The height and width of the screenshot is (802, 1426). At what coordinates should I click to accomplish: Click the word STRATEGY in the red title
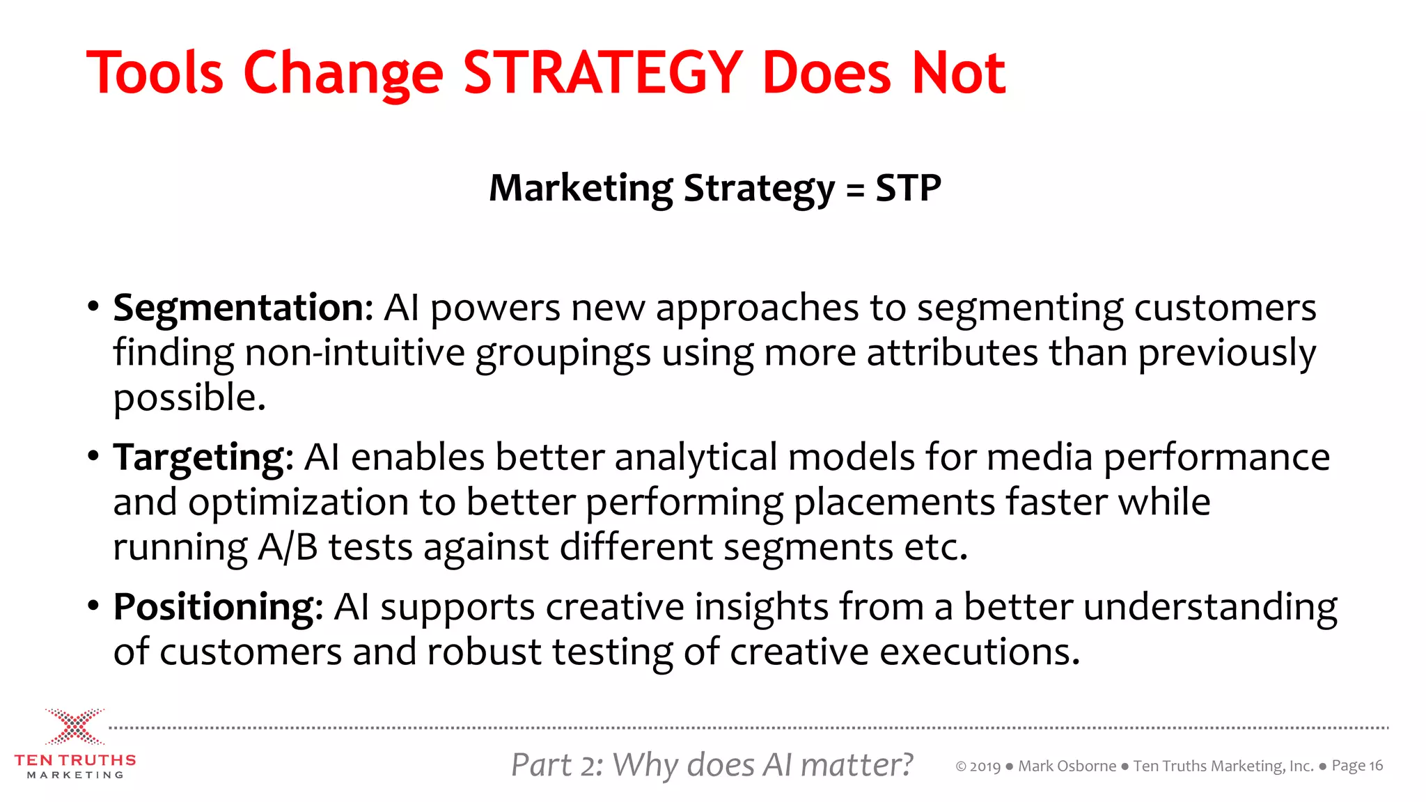point(602,72)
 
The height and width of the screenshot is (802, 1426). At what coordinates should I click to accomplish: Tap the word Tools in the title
point(155,72)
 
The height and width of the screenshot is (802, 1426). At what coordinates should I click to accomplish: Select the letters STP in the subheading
point(908,188)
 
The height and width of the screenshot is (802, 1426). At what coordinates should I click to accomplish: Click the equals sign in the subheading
point(855,189)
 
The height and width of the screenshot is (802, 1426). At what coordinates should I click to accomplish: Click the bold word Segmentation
point(243,308)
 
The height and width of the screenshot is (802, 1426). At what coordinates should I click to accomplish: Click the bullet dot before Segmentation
point(93,307)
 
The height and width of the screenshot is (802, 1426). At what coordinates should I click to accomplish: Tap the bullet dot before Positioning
point(93,606)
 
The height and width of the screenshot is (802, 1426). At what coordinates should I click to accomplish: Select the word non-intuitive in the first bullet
point(354,352)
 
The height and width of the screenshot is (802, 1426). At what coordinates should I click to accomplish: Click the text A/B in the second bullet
point(288,547)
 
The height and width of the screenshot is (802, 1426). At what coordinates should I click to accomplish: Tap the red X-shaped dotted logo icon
point(75,727)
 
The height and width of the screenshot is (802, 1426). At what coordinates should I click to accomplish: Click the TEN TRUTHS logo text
point(75,760)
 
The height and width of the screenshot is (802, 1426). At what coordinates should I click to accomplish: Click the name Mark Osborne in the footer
point(1067,766)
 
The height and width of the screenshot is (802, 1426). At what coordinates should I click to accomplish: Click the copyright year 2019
point(985,767)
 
